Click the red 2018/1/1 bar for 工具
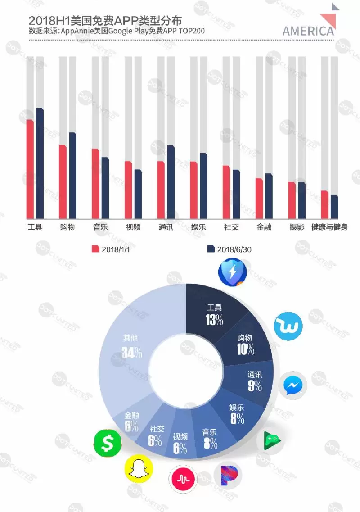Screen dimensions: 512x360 [x=30, y=169]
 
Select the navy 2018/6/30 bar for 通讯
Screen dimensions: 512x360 [x=171, y=182]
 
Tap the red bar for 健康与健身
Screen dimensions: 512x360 [x=324, y=204]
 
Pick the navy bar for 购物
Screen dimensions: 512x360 [x=72, y=176]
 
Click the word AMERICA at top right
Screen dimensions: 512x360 [x=308, y=31]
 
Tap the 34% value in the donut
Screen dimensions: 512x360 [x=132, y=353]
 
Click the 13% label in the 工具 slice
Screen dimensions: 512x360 [x=215, y=320]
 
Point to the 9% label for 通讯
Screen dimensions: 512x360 [x=254, y=385]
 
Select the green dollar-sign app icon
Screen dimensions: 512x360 [x=108, y=444]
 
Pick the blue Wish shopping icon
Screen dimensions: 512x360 [x=288, y=326]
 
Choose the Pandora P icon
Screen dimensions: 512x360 [x=227, y=476]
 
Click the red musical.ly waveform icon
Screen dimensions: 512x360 [x=183, y=479]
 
